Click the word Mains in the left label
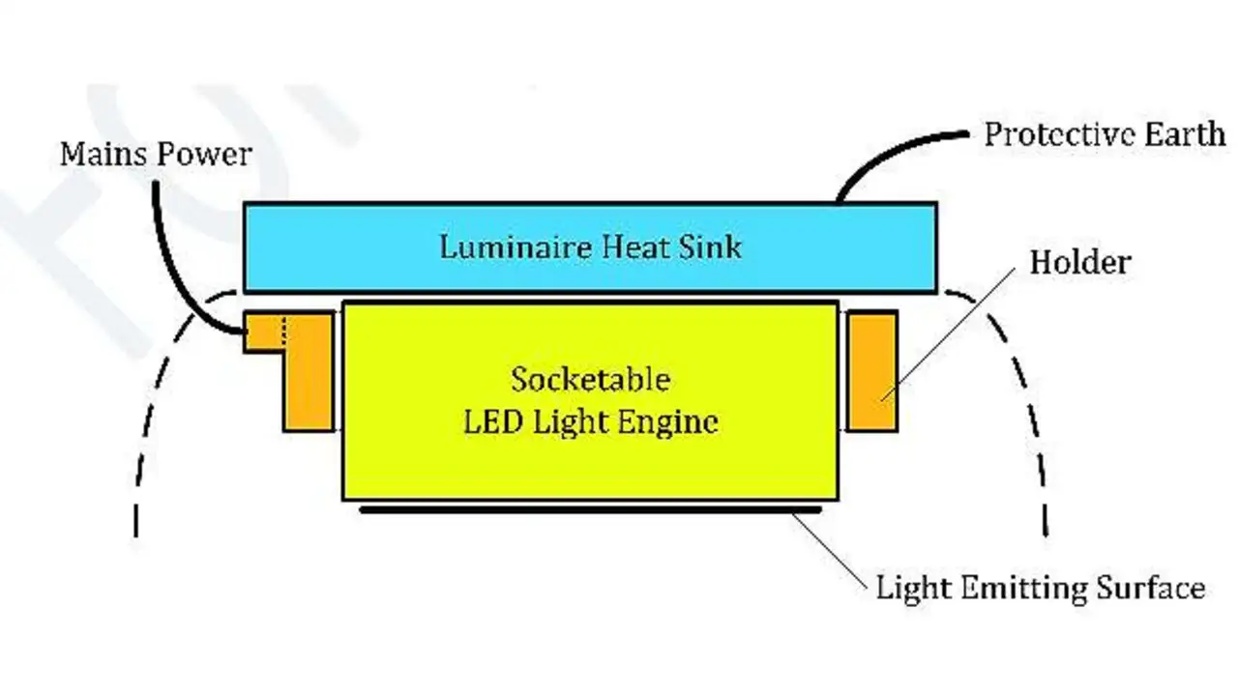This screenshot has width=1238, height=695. [103, 154]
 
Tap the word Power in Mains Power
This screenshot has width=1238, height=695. [204, 154]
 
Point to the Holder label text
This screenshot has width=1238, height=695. [1080, 262]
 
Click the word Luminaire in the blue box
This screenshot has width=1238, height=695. [516, 246]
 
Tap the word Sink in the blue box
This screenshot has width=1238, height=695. [710, 246]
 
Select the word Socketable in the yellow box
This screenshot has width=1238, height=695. [590, 380]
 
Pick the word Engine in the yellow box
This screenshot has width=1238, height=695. [667, 423]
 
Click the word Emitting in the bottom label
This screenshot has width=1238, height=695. [1023, 588]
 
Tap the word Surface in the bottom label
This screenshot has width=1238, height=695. [1151, 587]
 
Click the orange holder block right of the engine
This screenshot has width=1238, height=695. [872, 371]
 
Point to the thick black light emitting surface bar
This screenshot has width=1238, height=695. [590, 510]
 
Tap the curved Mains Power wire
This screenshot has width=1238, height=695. [171, 276]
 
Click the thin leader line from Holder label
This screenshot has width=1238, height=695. [948, 334]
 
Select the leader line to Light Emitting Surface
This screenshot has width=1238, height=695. [829, 553]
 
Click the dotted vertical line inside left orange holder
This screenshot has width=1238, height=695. [284, 332]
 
